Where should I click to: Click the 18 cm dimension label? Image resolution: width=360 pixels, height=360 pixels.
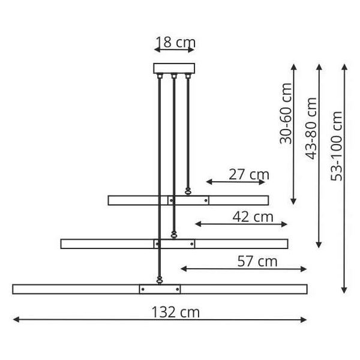click(x=175, y=42)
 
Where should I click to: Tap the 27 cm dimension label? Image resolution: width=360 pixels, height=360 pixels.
click(x=248, y=175)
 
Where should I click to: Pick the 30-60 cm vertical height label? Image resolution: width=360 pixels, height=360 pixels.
click(x=286, y=113)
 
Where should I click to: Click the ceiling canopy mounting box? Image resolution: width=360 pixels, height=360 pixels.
click(x=174, y=68)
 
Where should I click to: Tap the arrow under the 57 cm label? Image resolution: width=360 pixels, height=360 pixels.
click(x=244, y=269)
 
